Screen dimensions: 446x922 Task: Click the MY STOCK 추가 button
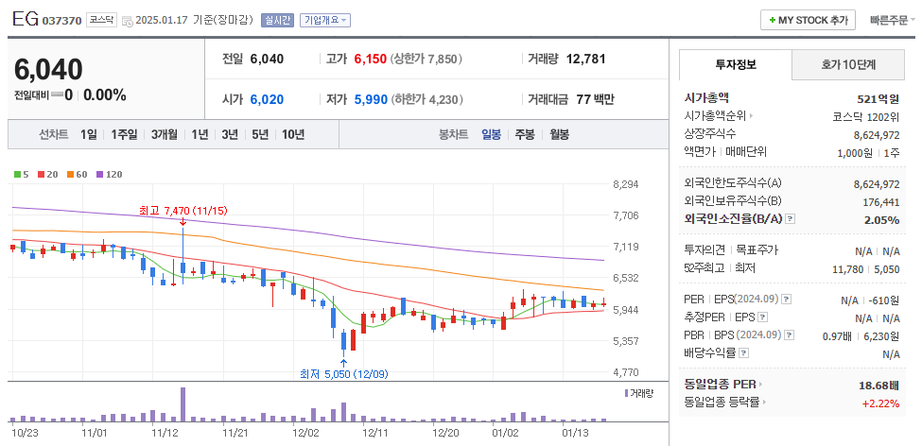[x=809, y=20]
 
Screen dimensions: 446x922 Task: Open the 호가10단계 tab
[x=847, y=65]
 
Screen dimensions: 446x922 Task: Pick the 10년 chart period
[x=292, y=134]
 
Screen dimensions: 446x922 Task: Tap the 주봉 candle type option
[x=524, y=134]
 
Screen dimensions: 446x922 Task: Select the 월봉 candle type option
[x=559, y=134]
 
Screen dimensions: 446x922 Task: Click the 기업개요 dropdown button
[x=325, y=20]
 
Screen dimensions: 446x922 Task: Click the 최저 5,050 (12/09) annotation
[x=341, y=373]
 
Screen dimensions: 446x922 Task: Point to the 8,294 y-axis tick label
[x=626, y=184]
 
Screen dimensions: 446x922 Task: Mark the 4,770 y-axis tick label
[x=626, y=372]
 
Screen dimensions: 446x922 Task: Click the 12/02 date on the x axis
[x=306, y=433]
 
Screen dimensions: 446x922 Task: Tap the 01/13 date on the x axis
[x=575, y=433]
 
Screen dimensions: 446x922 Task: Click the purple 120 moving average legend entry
[x=110, y=174]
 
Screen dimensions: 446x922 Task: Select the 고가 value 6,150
[x=370, y=59]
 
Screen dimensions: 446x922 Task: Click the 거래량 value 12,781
[x=585, y=59]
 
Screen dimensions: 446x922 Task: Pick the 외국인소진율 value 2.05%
[x=881, y=219]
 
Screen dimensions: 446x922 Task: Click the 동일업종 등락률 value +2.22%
[x=879, y=403]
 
